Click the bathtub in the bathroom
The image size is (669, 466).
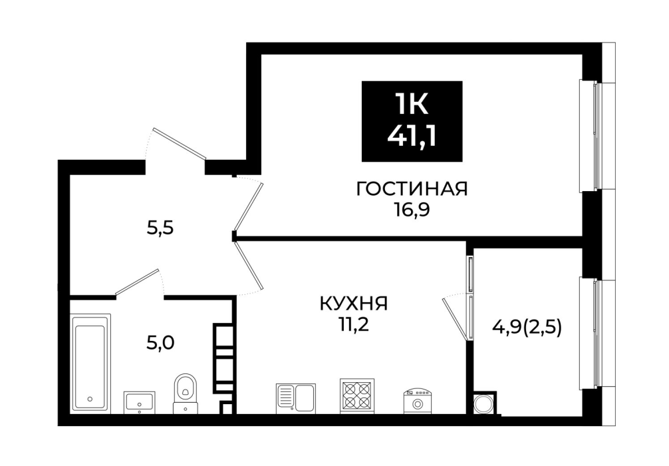[x=90, y=363]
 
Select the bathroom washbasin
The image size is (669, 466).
[x=140, y=402]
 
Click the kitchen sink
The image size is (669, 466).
[x=296, y=398]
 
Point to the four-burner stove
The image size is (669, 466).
[x=357, y=396]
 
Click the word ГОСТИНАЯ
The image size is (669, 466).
[x=412, y=189]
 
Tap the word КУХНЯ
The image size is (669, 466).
[x=354, y=304]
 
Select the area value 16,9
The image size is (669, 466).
[x=412, y=210]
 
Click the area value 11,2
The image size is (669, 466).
[x=354, y=326]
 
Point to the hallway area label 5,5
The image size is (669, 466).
[x=160, y=229]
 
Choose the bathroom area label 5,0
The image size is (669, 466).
[x=160, y=343]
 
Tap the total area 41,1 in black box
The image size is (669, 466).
[x=412, y=137]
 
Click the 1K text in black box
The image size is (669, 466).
[x=412, y=104]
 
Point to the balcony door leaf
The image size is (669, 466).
[x=455, y=319]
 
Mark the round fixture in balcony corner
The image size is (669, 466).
[x=485, y=403]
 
